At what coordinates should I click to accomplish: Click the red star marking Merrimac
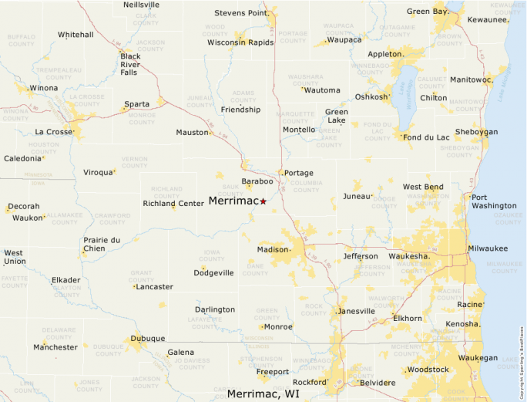(x=263, y=201)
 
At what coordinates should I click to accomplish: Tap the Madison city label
(x=272, y=249)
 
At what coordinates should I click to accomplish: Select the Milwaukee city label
(x=487, y=248)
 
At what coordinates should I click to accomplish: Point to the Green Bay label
(x=427, y=12)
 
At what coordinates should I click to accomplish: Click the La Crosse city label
(x=53, y=132)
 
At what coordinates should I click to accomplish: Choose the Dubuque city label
(x=147, y=338)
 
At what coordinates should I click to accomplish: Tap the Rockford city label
(x=309, y=382)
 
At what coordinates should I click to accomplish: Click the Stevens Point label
(x=241, y=12)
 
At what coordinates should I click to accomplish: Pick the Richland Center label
(x=173, y=204)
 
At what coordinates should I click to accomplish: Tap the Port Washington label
(x=494, y=201)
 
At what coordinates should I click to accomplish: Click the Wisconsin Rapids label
(x=240, y=42)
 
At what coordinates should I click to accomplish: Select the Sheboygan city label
(x=476, y=132)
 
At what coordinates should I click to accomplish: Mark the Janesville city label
(x=356, y=311)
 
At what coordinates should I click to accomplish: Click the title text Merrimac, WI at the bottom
(x=263, y=394)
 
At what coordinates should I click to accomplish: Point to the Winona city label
(x=43, y=88)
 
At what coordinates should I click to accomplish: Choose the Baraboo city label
(x=257, y=181)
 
